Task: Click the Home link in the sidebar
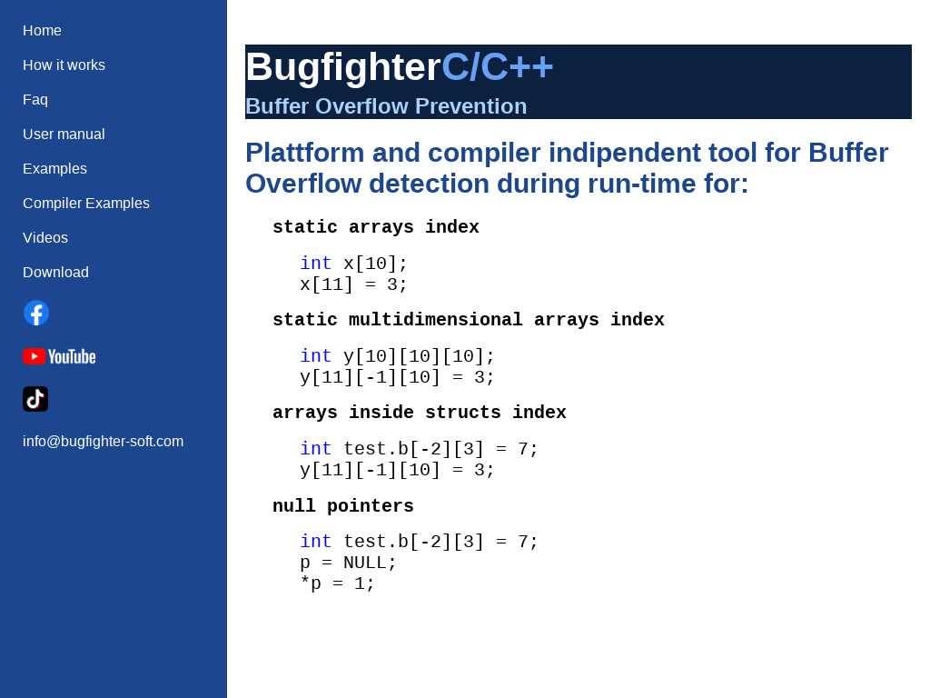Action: click(x=42, y=30)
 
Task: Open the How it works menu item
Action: click(x=64, y=65)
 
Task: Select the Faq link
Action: click(x=35, y=100)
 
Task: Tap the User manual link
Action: click(x=64, y=135)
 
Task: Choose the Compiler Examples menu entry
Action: click(x=86, y=203)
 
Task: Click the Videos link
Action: click(x=45, y=237)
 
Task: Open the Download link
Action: click(x=55, y=273)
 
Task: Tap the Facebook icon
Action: click(x=36, y=313)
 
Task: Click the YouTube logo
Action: click(x=59, y=356)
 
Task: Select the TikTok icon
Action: click(x=35, y=399)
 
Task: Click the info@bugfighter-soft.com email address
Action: click(x=104, y=442)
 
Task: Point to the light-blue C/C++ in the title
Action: click(x=497, y=66)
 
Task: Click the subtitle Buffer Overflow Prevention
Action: click(x=386, y=106)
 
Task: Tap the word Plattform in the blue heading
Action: click(x=304, y=153)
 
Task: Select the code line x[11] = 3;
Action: click(x=353, y=284)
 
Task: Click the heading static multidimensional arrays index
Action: click(x=469, y=319)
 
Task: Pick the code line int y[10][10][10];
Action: click(x=398, y=356)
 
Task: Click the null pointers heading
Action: click(x=342, y=505)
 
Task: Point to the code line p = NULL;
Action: click(x=348, y=563)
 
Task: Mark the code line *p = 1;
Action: click(x=338, y=583)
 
